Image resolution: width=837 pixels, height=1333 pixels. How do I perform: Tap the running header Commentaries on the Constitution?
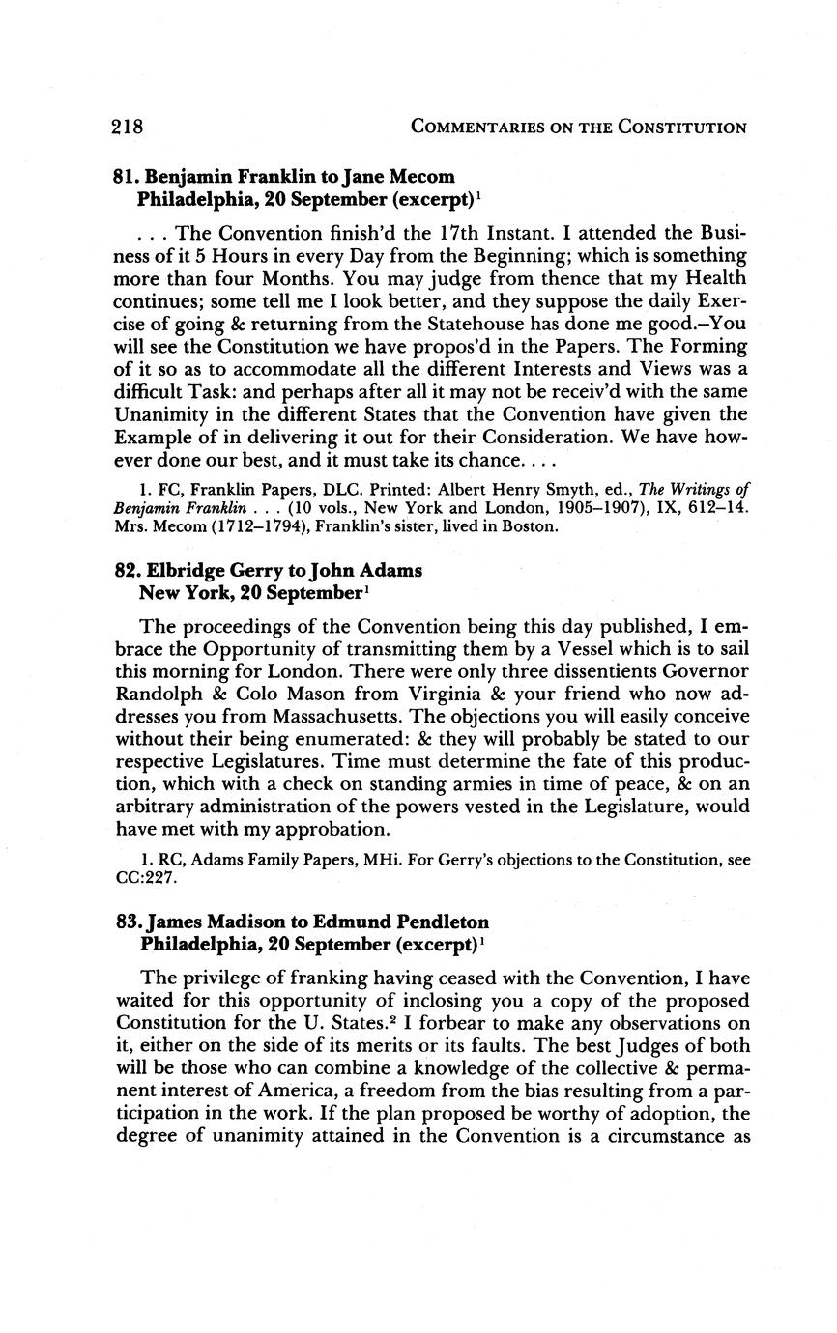(x=578, y=128)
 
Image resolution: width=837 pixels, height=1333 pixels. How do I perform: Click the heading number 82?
(x=128, y=570)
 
